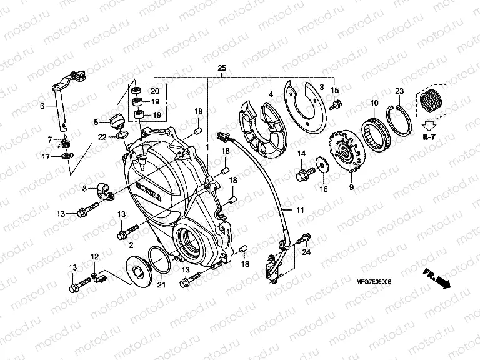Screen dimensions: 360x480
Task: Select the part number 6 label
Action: click(x=42, y=106)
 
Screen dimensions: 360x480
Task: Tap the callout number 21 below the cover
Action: click(x=161, y=285)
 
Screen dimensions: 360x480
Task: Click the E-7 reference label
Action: click(x=429, y=136)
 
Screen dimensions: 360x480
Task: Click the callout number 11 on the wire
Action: click(x=299, y=210)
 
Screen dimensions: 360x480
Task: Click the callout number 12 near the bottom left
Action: click(x=95, y=257)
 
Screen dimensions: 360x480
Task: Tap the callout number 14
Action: click(x=300, y=153)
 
